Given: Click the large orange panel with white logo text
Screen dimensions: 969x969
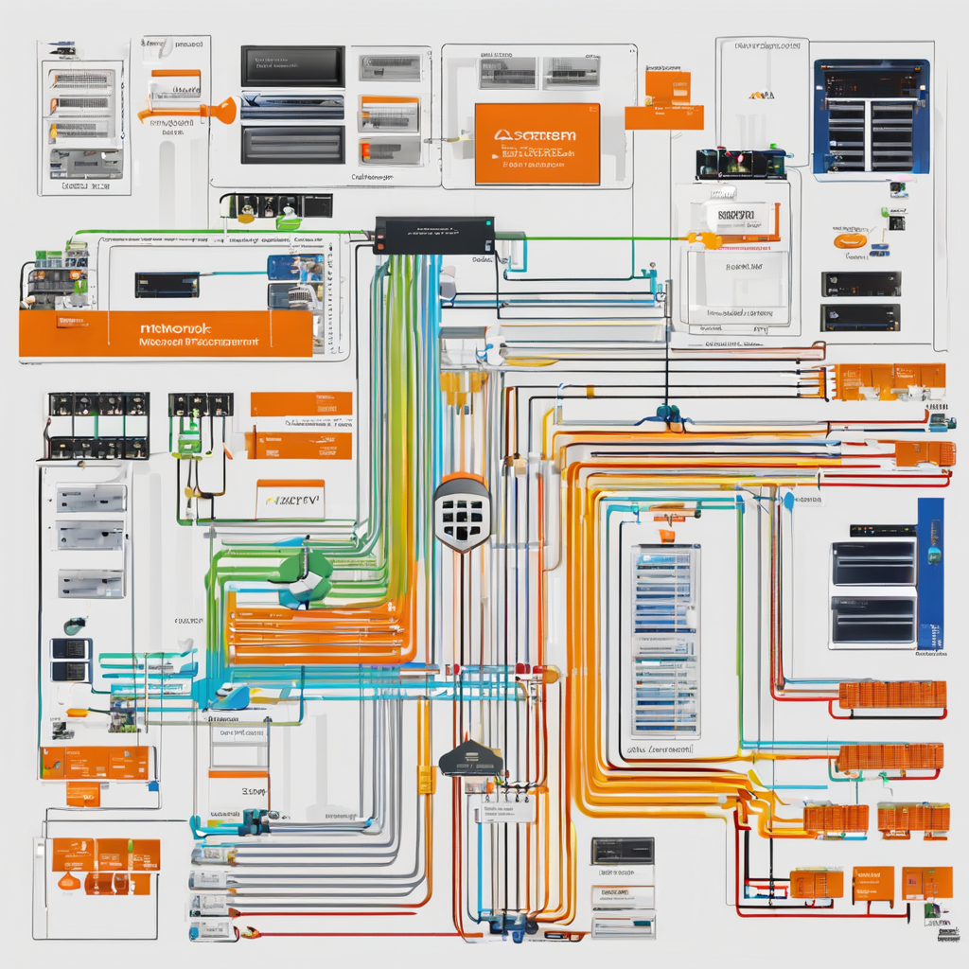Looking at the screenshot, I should point(537,143).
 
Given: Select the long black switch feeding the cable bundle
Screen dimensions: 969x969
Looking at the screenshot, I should point(433,235).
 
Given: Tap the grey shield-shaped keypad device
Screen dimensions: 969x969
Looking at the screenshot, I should point(462,512).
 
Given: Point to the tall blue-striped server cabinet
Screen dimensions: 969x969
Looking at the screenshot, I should point(665,641).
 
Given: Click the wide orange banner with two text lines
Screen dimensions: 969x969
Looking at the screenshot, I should point(166,334).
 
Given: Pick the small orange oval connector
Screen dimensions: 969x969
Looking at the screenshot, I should point(849,241).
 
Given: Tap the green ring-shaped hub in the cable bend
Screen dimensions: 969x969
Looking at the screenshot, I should point(305,577).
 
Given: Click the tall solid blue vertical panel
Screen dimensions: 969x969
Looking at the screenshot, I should point(929,573).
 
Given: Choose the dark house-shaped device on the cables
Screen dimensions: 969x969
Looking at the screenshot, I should point(471,759).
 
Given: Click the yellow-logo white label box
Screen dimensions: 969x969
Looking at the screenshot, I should point(290,498).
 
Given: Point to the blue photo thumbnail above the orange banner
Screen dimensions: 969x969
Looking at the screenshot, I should point(295,267).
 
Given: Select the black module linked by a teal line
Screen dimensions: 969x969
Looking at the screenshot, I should point(167,284).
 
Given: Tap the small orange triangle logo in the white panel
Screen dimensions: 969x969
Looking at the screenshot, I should point(760,95).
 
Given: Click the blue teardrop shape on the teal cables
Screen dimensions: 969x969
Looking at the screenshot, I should point(233,697).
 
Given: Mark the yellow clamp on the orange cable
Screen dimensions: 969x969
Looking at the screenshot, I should point(427,779).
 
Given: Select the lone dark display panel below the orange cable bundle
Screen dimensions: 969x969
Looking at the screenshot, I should point(622,850).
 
